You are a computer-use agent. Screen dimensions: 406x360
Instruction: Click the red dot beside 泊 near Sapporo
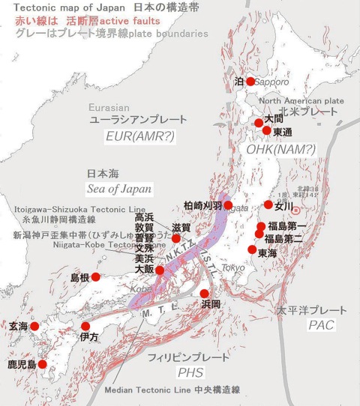(x=250, y=81)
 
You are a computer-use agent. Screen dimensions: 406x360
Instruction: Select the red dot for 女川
(x=268, y=204)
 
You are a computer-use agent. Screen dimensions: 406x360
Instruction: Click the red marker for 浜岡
(x=204, y=293)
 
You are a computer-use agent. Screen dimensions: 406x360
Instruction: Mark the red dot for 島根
(x=96, y=277)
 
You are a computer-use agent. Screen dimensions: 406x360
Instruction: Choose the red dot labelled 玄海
(x=34, y=326)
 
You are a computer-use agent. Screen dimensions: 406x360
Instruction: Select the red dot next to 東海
(x=252, y=249)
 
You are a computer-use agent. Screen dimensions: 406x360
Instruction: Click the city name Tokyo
(x=233, y=267)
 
